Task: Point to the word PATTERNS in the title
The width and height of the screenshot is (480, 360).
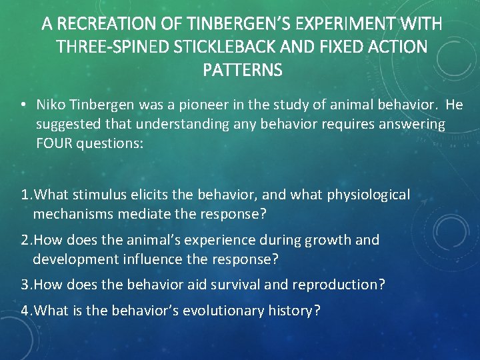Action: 241,69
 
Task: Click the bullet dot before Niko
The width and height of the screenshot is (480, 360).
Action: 23,105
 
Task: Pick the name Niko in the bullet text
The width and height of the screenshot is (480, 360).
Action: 51,105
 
